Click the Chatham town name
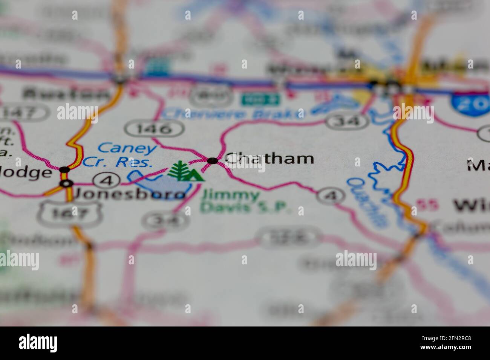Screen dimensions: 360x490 pos(270,159)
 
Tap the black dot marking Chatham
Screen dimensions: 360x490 pos(213,161)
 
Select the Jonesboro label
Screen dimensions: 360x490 pos(130,194)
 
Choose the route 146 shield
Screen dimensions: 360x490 pos(155,129)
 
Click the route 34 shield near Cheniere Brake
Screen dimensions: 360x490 pos(347,121)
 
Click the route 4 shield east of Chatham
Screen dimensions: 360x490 pos(331,195)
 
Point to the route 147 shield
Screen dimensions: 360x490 pos(24,112)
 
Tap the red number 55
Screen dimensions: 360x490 pos(427,204)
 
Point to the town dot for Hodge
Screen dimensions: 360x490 pos(65,169)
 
